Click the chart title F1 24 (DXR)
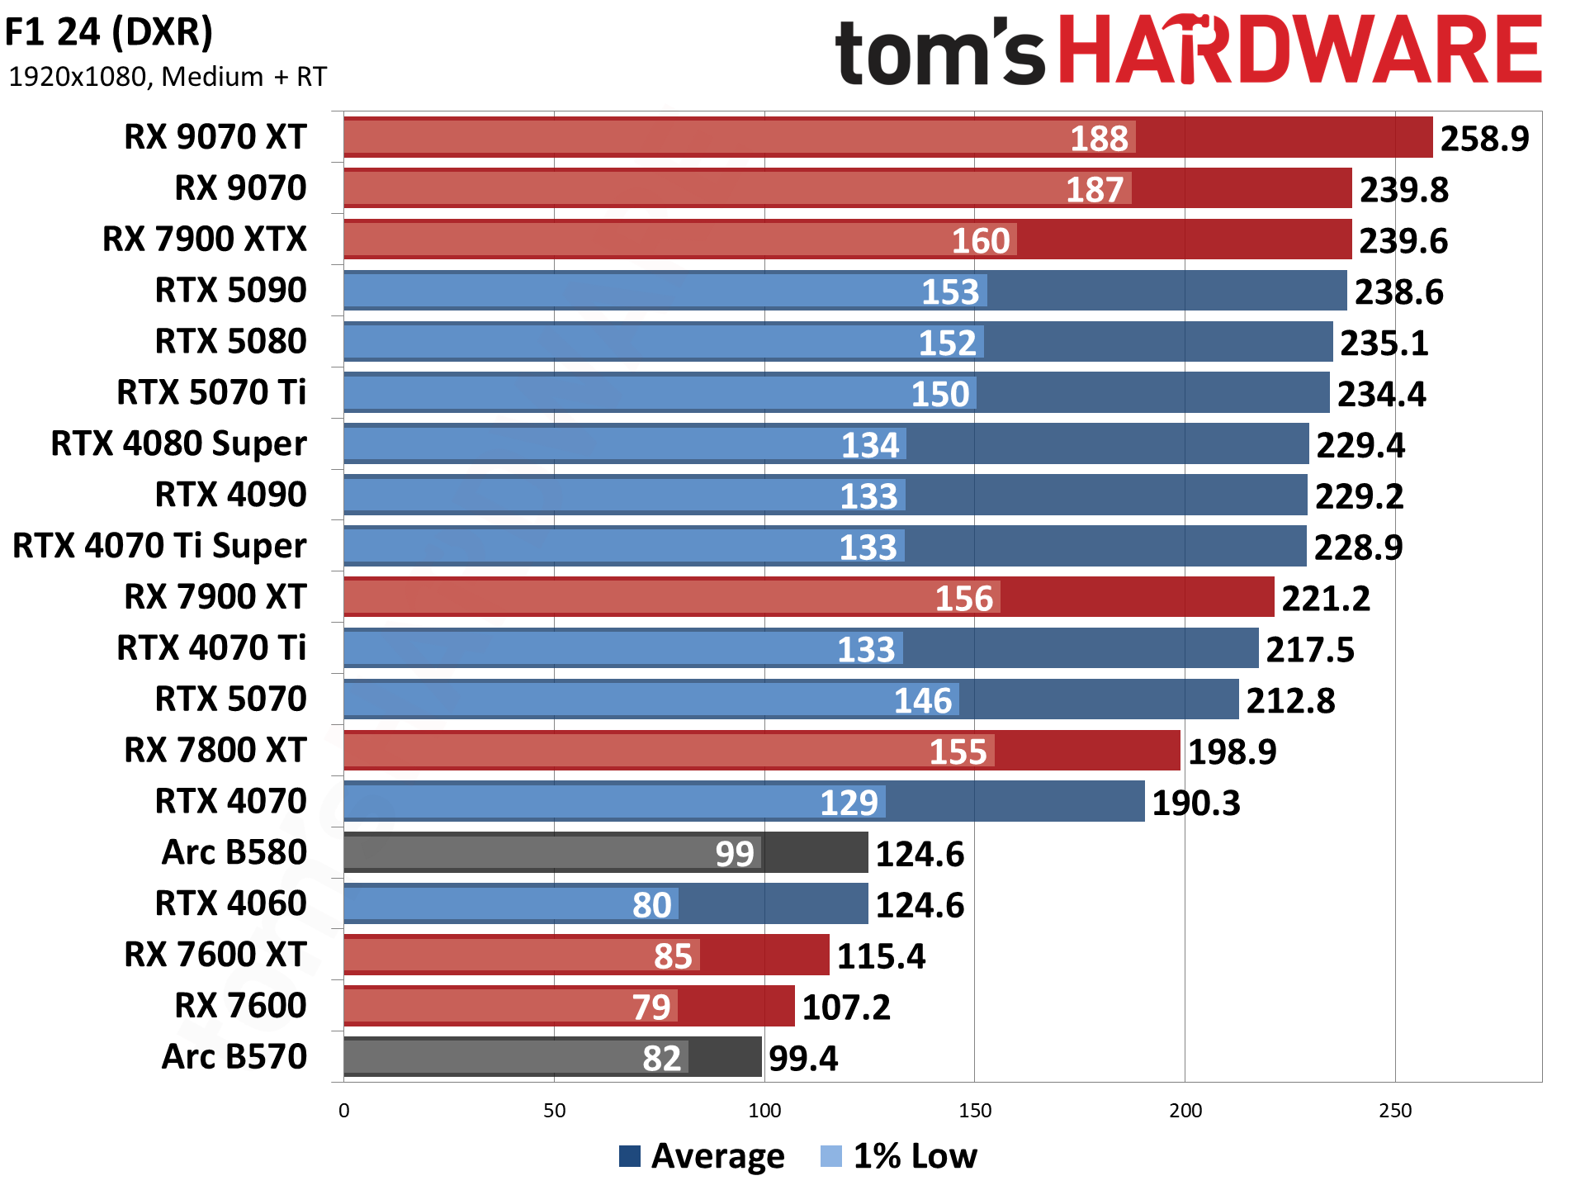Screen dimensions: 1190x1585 point(109,33)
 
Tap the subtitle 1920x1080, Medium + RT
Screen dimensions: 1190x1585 point(168,77)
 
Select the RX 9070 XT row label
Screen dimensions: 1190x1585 point(215,137)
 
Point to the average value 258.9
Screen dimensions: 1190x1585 point(1484,139)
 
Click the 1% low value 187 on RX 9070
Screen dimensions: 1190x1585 point(1095,190)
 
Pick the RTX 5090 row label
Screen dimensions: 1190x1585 point(231,291)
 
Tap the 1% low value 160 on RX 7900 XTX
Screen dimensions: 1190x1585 point(981,241)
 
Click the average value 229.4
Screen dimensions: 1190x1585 point(1360,446)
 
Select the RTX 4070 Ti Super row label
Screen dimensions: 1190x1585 point(160,546)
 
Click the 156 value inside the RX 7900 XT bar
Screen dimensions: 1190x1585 point(963,599)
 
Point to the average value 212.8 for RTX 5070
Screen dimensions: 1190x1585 point(1290,701)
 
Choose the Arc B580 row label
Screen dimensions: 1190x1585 point(234,852)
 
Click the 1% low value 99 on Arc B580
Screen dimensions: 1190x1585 point(735,854)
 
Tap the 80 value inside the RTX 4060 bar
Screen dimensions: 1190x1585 point(652,905)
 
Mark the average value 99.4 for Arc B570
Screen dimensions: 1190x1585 point(802,1059)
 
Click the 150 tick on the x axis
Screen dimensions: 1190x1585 point(975,1111)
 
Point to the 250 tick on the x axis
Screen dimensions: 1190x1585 point(1395,1111)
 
